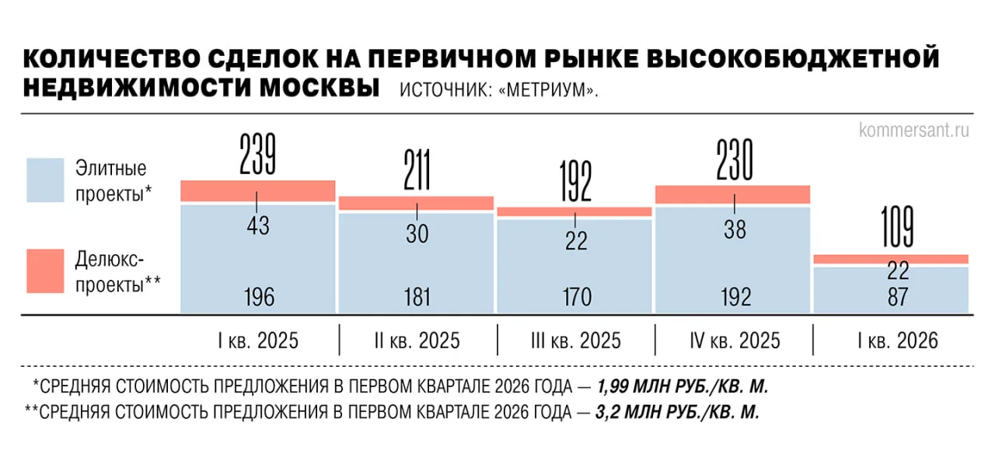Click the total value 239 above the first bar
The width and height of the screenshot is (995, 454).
(x=257, y=154)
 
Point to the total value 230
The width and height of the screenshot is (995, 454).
(x=734, y=160)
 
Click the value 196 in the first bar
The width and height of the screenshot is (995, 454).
(x=257, y=297)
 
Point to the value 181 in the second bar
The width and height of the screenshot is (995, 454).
(x=417, y=297)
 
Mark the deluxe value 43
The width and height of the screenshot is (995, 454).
(x=257, y=225)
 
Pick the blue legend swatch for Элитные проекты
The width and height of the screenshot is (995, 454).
(x=45, y=180)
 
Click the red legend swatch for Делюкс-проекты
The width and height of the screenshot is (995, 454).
(x=45, y=271)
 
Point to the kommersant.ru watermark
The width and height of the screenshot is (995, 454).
(x=914, y=130)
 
